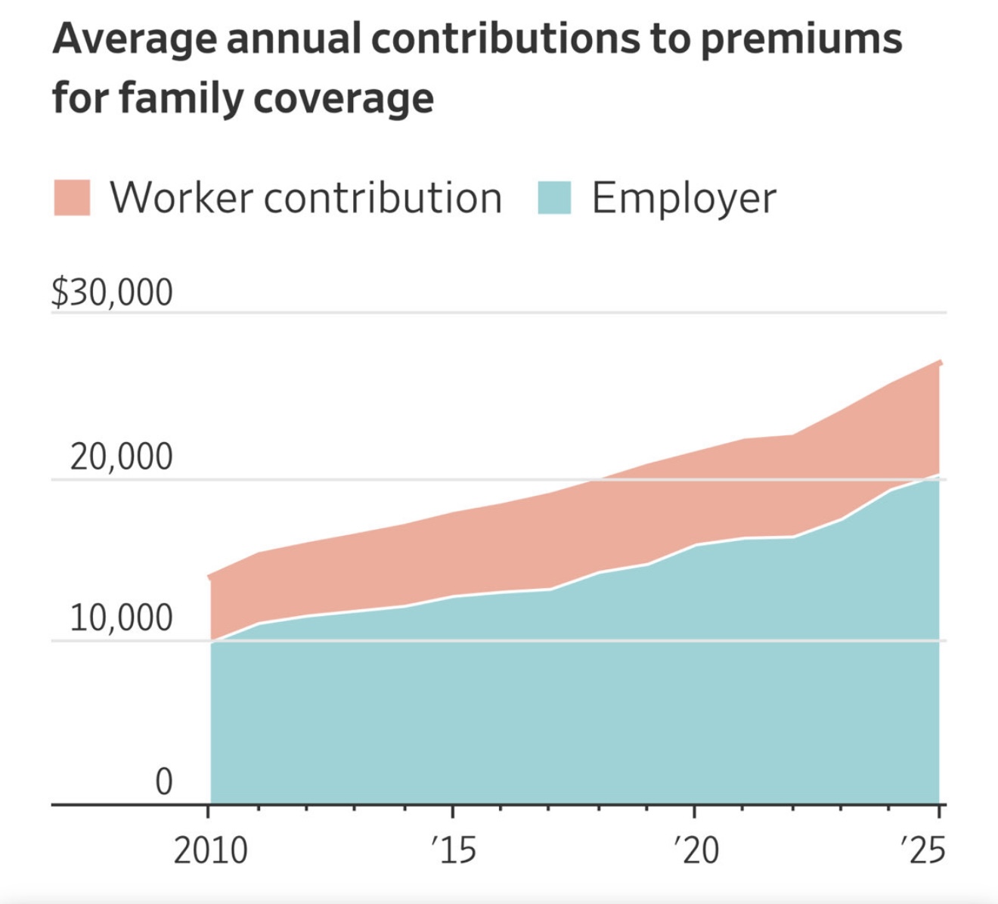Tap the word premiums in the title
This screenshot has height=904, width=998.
pyautogui.click(x=801, y=39)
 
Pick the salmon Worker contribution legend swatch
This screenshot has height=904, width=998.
pyautogui.click(x=72, y=198)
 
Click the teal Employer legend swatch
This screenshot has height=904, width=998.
pyautogui.click(x=554, y=198)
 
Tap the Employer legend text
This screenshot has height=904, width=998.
pyautogui.click(x=683, y=199)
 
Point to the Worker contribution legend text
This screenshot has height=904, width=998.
pyautogui.click(x=306, y=198)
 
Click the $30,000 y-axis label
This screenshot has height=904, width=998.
pyautogui.click(x=112, y=293)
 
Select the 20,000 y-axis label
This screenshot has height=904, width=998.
pyautogui.click(x=121, y=457)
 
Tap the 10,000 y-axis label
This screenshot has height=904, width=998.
pyautogui.click(x=121, y=618)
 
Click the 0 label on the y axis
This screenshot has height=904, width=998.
pyautogui.click(x=163, y=782)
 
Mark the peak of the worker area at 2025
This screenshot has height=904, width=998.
pyautogui.click(x=940, y=361)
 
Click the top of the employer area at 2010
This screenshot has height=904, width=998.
pyautogui.click(x=211, y=642)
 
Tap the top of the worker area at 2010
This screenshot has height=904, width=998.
pyautogui.click(x=211, y=576)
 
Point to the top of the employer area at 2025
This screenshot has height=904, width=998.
pyautogui.click(x=939, y=475)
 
